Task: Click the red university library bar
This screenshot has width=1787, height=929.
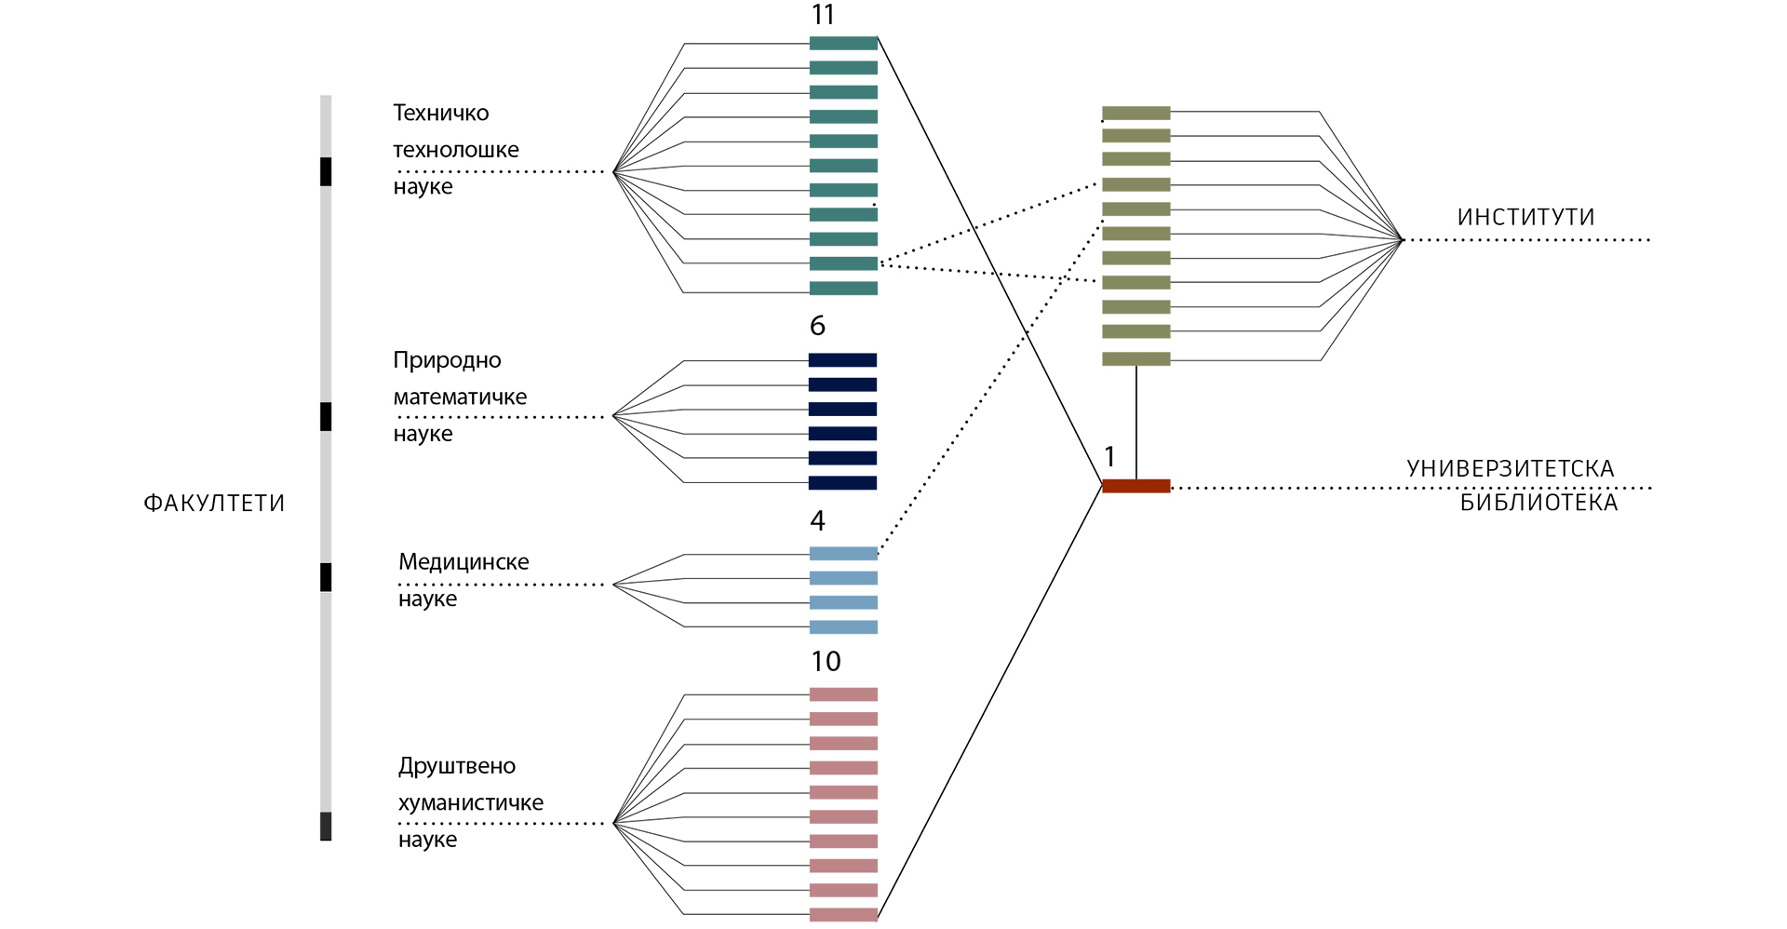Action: tap(1135, 486)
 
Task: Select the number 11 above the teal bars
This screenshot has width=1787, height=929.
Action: tap(823, 15)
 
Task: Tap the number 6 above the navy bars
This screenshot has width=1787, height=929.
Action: tap(817, 326)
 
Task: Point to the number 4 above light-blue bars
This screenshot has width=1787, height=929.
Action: tap(817, 520)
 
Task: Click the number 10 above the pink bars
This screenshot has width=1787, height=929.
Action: tap(826, 661)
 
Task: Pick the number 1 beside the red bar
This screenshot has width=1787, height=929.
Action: tap(1109, 456)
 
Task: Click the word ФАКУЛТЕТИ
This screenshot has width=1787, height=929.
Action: tap(214, 504)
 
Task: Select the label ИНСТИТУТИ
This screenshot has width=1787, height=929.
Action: tap(1525, 217)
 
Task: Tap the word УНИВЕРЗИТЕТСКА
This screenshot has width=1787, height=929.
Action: tap(1510, 468)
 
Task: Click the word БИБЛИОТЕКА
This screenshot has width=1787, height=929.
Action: tap(1538, 503)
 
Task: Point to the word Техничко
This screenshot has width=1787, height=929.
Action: tap(440, 114)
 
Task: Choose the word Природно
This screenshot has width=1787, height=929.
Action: tap(447, 360)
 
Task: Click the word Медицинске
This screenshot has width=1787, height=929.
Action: tap(464, 562)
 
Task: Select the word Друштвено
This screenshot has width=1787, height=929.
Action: tap(457, 766)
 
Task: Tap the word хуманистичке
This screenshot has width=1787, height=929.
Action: tap(471, 803)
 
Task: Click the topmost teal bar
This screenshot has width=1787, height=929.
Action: tap(843, 43)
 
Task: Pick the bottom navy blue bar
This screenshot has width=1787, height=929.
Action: tap(842, 482)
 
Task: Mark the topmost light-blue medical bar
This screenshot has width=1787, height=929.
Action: tap(843, 554)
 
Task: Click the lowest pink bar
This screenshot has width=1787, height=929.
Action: tap(843, 914)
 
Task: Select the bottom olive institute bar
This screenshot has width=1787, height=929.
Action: tap(1135, 359)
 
